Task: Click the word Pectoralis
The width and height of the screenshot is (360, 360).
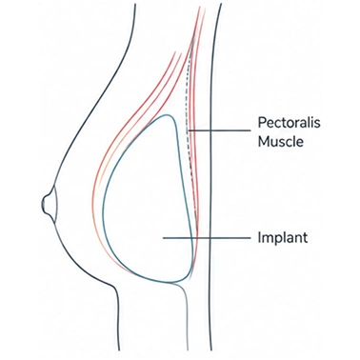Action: tap(289, 123)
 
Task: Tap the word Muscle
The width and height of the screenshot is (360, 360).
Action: tap(280, 141)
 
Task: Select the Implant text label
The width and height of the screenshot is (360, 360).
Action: tap(283, 238)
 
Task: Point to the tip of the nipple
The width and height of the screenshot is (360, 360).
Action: tap(43, 204)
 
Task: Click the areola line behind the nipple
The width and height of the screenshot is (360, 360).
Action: tap(57, 203)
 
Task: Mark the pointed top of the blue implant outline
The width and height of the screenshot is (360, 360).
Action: tap(166, 114)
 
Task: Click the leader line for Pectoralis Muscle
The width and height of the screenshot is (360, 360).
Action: tap(219, 130)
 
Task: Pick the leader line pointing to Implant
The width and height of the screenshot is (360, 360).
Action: tap(207, 238)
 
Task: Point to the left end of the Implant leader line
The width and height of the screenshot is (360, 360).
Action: tap(164, 238)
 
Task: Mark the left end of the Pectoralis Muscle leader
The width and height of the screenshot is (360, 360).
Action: tap(189, 130)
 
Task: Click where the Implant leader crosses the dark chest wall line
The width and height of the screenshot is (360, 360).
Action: tap(210, 238)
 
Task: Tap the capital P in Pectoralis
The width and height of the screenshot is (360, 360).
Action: tap(261, 123)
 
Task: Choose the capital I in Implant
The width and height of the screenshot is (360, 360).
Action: tap(259, 237)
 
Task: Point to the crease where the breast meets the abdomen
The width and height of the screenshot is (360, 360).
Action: tap(113, 287)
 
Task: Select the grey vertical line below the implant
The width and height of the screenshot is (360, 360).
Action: tap(186, 317)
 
